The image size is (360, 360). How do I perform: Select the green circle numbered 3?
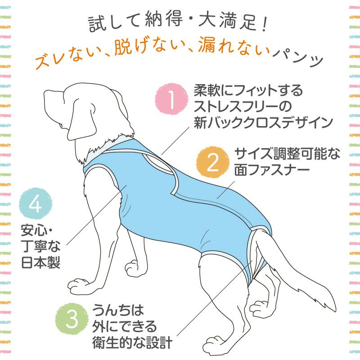pos(71,319)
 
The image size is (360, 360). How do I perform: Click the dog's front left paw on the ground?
pos(81,285)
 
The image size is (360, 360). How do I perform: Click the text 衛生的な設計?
pos(132,343)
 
